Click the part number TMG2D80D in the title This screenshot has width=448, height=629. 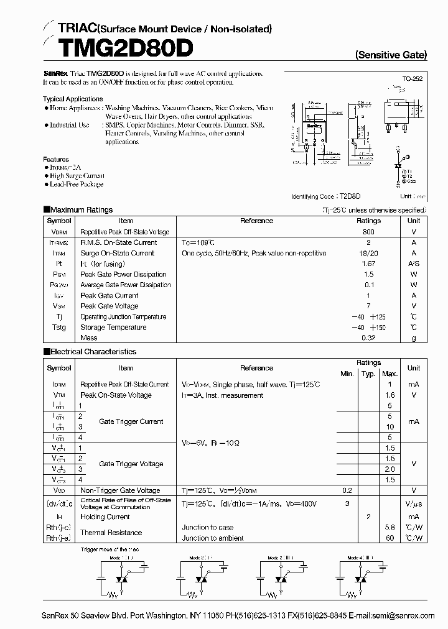117,48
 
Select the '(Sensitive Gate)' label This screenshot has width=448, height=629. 391,55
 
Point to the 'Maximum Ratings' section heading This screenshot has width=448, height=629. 81,210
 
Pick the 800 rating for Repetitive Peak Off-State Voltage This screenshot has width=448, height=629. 368,232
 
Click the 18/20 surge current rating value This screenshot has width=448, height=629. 368,253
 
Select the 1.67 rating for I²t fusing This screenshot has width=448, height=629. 368,264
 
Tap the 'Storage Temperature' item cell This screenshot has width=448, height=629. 113,328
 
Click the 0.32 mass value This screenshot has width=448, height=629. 368,338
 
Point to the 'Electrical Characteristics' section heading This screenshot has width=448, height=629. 93,352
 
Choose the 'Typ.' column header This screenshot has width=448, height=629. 368,374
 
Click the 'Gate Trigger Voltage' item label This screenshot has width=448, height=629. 131,464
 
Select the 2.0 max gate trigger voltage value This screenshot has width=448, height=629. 390,469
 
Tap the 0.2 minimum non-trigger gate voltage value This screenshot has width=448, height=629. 347,490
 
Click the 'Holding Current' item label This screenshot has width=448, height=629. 105,517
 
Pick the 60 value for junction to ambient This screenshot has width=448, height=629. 390,538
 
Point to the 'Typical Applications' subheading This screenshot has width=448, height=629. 73,99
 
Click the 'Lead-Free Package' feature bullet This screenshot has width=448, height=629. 77,184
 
